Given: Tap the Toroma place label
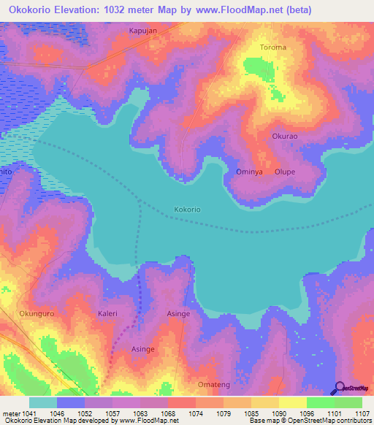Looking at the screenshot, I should (x=273, y=47).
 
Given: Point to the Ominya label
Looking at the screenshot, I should (x=248, y=172).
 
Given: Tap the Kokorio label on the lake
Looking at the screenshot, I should (x=187, y=210).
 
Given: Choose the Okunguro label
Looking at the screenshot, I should (x=37, y=313).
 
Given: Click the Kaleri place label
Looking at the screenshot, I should (x=107, y=313).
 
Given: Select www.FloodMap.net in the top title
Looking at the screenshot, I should (x=239, y=10).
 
